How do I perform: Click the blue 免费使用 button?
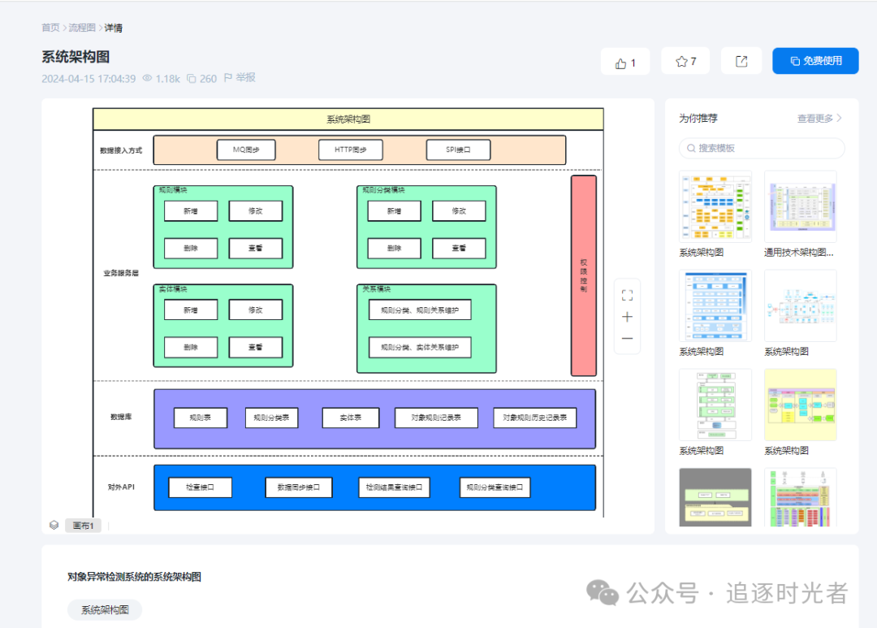[815, 61]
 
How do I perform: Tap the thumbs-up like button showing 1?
[624, 62]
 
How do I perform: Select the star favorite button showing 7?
[685, 61]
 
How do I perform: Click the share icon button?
[741, 61]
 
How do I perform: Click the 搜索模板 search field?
[762, 148]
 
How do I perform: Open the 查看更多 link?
[819, 118]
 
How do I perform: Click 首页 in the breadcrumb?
[50, 28]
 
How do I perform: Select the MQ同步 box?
[246, 149]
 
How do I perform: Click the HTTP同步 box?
[350, 149]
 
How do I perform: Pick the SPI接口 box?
[458, 149]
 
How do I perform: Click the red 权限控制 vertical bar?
[583, 275]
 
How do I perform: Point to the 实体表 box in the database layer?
[351, 418]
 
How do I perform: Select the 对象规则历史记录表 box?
[534, 418]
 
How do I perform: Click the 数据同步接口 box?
[298, 487]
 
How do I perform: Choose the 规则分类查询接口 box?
[495, 487]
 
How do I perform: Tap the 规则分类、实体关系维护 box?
[420, 348]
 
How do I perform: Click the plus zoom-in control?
[627, 317]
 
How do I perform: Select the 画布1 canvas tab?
[83, 526]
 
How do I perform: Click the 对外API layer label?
[120, 487]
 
